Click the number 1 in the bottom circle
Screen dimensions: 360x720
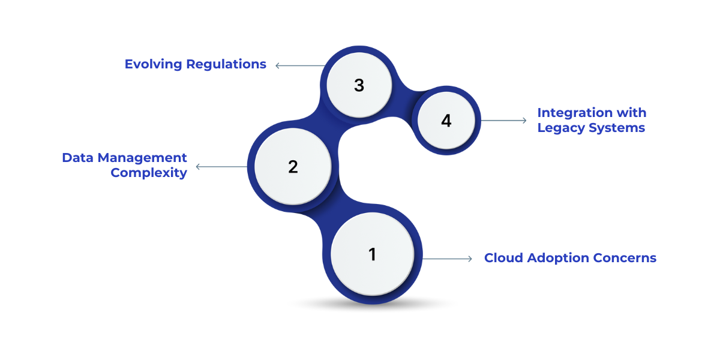pos(372,254)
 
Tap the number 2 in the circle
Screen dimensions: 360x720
pos(293,167)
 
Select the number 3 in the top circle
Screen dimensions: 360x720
pos(359,86)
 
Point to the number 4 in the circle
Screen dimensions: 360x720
pos(446,121)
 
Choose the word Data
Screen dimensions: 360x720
pos(77,158)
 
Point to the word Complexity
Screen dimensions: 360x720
pos(149,173)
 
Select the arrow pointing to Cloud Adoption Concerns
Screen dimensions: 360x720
pos(448,259)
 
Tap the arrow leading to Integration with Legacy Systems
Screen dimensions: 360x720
pos(504,121)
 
